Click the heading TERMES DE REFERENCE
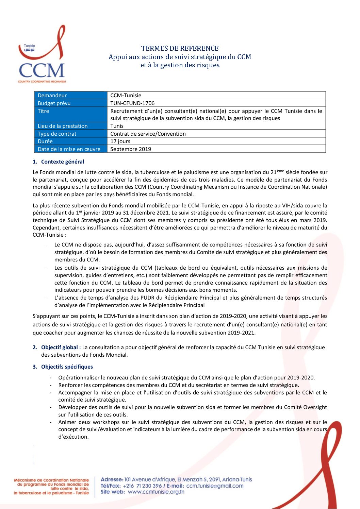(x=180, y=48)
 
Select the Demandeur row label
(x=52, y=96)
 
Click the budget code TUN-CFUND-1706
(x=132, y=103)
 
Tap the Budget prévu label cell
(x=54, y=103)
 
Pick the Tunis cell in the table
(x=117, y=126)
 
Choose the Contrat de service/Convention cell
(x=148, y=134)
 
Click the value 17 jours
(x=120, y=141)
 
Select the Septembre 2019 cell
(x=131, y=149)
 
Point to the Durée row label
(x=45, y=141)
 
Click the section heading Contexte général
(x=63, y=162)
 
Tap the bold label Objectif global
(x=61, y=347)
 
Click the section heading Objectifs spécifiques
(x=67, y=367)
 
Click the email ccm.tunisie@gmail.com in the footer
(x=215, y=486)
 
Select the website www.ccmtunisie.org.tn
(x=156, y=492)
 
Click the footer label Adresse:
(x=112, y=479)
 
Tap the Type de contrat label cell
(x=57, y=134)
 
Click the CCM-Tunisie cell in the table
(x=126, y=96)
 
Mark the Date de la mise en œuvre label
(x=69, y=149)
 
